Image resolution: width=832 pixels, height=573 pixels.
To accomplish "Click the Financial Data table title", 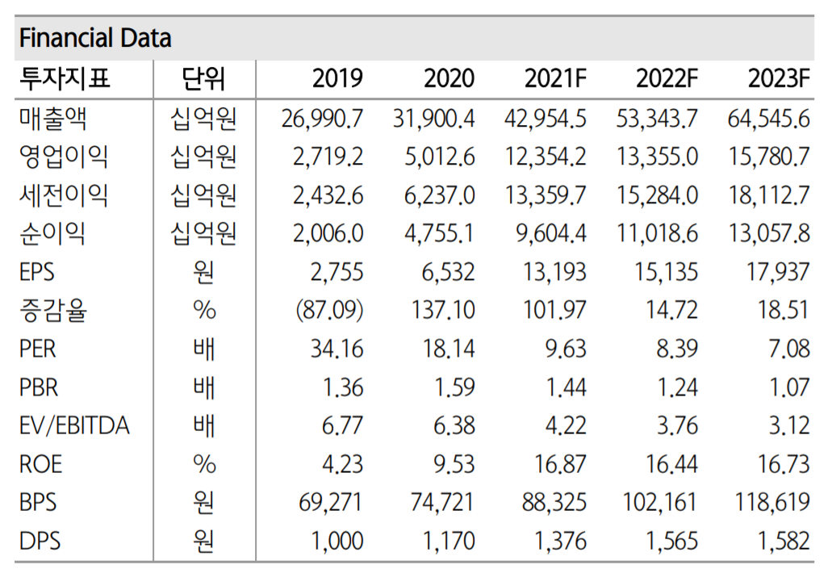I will (95, 38).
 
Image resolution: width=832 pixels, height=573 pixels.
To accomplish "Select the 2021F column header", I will (555, 79).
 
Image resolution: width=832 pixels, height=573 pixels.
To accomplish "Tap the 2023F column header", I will (779, 79).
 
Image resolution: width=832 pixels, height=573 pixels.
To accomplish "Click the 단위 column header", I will (204, 79).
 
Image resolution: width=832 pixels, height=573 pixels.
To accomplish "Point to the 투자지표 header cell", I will (65, 79).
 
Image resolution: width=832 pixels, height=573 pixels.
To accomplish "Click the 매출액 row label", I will (53, 119).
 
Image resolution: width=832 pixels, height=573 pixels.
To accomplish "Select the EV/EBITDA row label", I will (74, 425).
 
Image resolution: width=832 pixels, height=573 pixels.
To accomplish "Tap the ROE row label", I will (41, 464).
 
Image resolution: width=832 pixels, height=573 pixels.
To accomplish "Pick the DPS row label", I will (40, 541).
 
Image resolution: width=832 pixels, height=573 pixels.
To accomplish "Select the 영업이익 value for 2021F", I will (546, 157).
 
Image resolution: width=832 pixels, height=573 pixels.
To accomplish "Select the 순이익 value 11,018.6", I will (657, 234).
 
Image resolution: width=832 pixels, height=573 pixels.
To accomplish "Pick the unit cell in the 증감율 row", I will (204, 311).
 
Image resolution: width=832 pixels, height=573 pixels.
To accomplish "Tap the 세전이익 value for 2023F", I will (769, 195).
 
